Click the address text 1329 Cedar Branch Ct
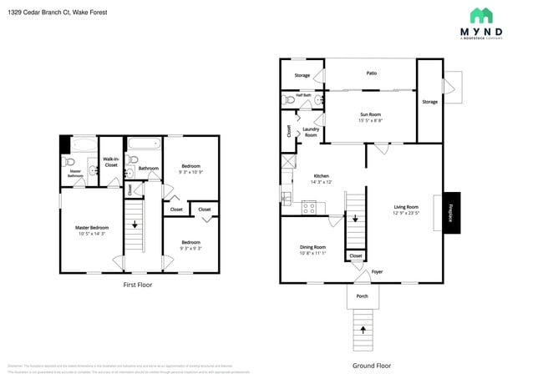coord(46,13)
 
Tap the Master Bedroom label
coord(93,227)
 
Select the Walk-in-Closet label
coord(111,162)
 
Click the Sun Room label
coord(371,114)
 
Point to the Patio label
coord(371,73)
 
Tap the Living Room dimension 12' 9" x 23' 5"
coord(407,213)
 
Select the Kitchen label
coord(322,176)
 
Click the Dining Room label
coord(312,247)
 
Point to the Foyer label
coord(377,271)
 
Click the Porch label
coord(362,296)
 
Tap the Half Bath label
coord(304,95)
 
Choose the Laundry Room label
coord(310,132)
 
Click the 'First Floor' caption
coord(137,285)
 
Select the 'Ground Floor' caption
coord(371,366)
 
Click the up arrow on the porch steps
coord(363,331)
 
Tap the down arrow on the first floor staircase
coord(134,224)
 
